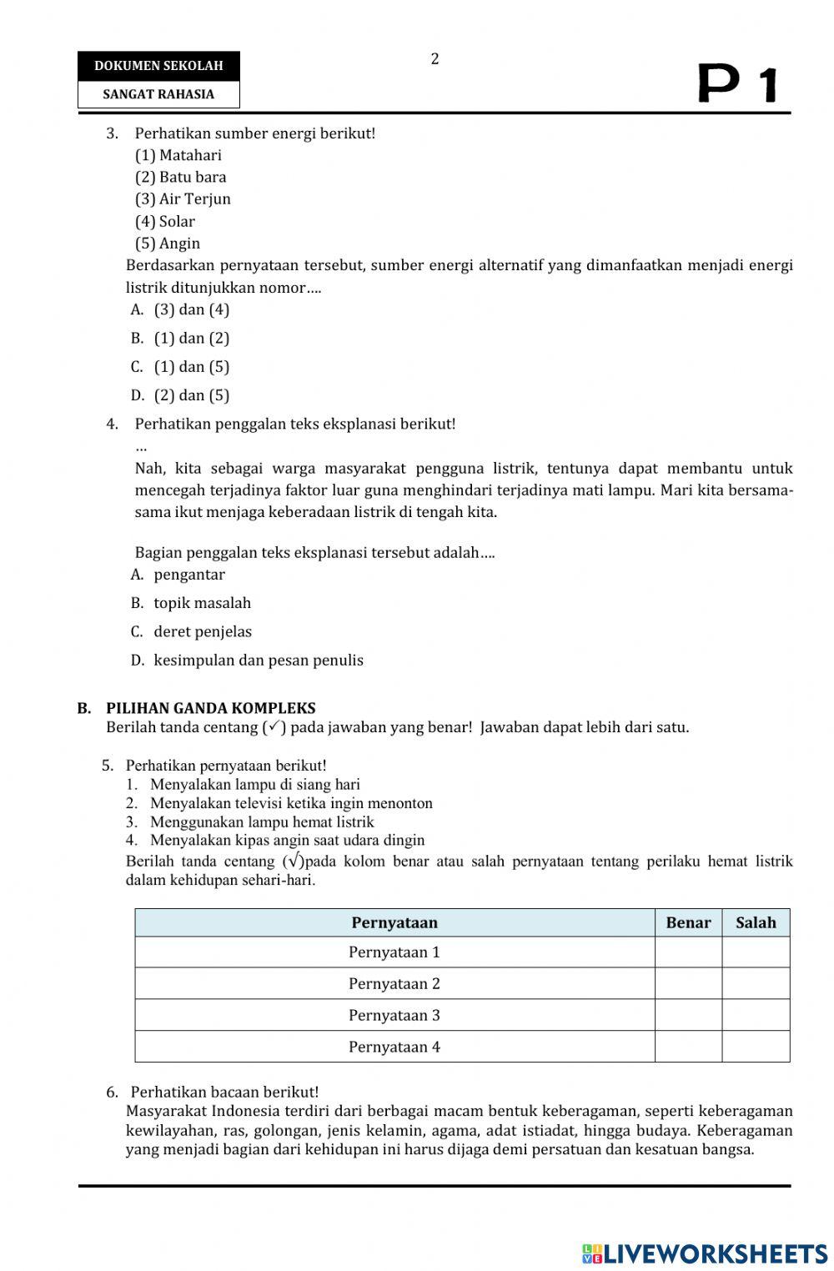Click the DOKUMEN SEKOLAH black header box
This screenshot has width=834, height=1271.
pos(158,65)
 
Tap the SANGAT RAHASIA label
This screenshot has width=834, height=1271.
pos(158,94)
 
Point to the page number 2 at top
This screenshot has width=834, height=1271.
pos(435,59)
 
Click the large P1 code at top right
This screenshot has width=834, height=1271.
pos(737,84)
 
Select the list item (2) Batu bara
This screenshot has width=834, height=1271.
pos(181,177)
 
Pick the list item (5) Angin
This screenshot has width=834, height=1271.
pos(168,244)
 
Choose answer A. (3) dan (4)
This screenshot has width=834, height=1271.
pos(180,309)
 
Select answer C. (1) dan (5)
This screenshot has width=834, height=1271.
pos(180,367)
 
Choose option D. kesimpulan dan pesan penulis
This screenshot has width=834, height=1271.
pos(247,661)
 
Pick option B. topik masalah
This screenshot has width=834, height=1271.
pos(191,603)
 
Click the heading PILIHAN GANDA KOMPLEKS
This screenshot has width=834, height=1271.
pos(210,708)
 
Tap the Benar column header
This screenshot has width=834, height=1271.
pos(688,922)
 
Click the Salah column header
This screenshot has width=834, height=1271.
pos(756,922)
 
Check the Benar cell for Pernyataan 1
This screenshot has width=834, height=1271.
pos(688,952)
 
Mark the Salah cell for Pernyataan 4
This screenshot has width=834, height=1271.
pos(756,1047)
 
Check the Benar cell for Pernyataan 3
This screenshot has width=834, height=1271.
pos(688,1015)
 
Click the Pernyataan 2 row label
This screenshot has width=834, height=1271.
pos(394,983)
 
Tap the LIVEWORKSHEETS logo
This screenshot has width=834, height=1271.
pos(705,1253)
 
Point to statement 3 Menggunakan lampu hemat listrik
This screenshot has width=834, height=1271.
pos(261,822)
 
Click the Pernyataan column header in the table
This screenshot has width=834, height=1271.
pos(394,922)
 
